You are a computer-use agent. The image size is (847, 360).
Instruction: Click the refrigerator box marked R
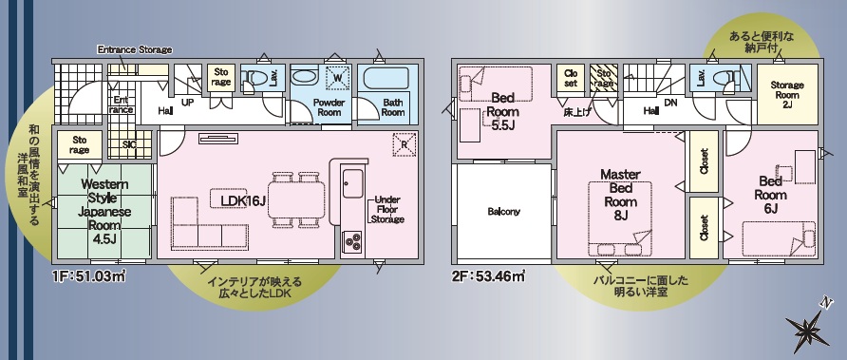tap(405, 142)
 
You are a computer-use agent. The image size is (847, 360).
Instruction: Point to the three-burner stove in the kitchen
tap(352, 241)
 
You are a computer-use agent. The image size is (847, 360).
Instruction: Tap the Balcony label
tap(503, 212)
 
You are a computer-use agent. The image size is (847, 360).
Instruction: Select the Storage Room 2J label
tap(787, 95)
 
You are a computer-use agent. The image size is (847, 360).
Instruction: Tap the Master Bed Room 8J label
tap(620, 195)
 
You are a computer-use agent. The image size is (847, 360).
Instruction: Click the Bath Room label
tap(393, 107)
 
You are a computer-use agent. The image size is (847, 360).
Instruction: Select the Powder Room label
tap(329, 107)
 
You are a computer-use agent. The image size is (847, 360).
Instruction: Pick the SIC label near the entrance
tap(130, 144)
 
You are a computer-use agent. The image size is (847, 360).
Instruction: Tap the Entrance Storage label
tap(135, 49)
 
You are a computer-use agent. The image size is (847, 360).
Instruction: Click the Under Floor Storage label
tap(387, 210)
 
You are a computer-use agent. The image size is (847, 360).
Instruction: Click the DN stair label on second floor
tap(670, 102)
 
